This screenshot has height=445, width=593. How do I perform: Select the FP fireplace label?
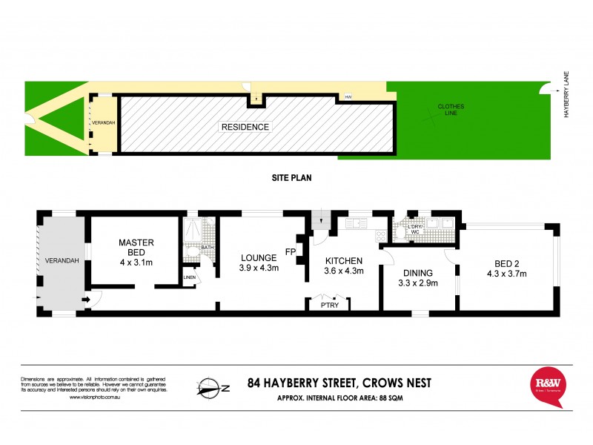(291, 252)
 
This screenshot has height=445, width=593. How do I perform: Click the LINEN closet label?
(190, 278)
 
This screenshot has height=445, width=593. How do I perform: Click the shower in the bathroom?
(192, 227)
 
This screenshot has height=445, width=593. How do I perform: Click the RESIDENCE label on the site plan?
(245, 127)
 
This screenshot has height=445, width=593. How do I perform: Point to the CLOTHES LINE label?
(450, 110)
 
